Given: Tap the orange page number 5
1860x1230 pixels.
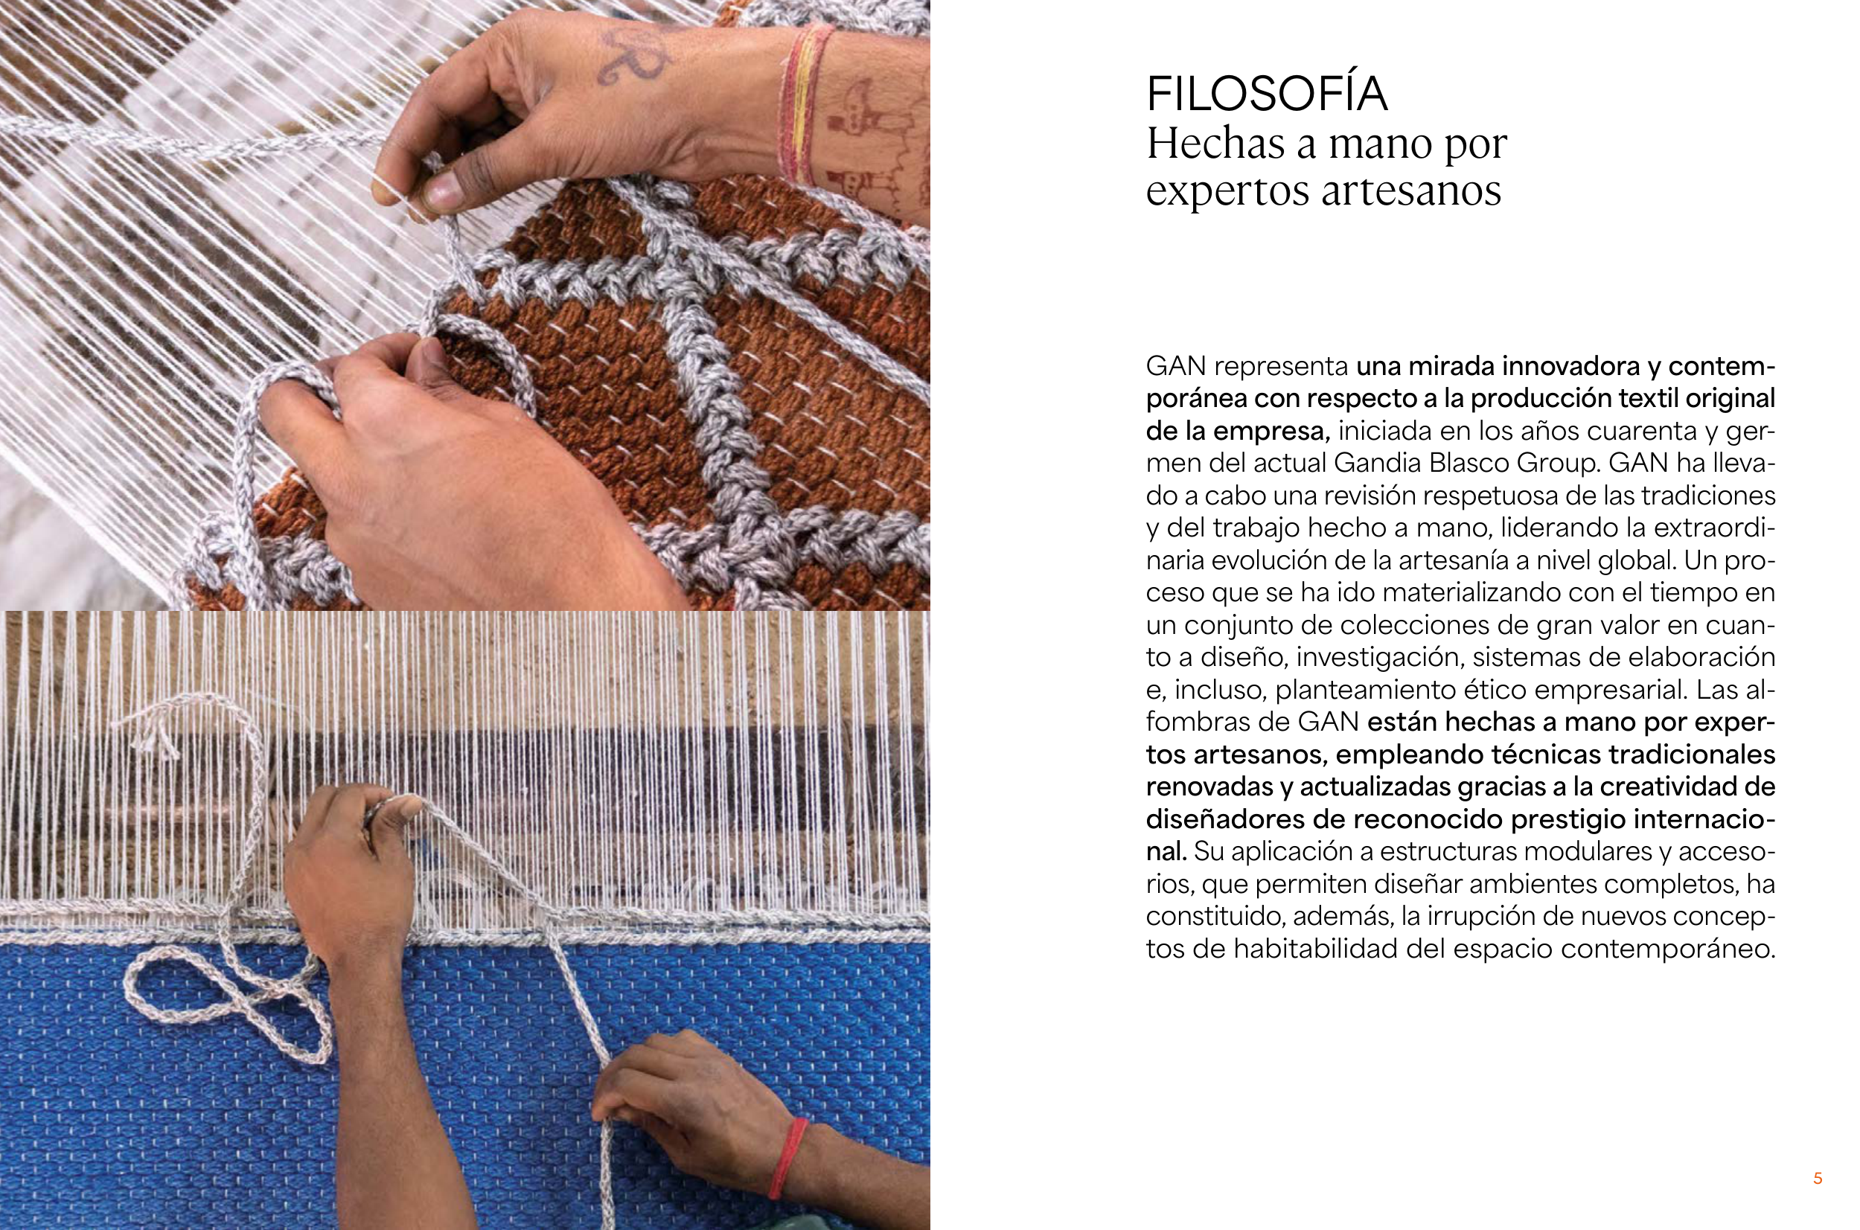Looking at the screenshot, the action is click(x=1818, y=1178).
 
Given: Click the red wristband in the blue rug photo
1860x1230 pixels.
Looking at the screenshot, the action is click(x=787, y=1158).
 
